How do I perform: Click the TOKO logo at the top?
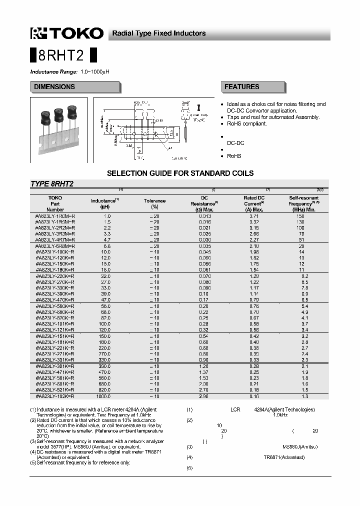(x=67, y=33)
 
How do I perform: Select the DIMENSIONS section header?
(x=54, y=87)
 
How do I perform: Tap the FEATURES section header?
(x=242, y=87)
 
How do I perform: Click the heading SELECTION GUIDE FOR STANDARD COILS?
(x=180, y=173)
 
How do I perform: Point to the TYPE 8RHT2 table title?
(x=52, y=184)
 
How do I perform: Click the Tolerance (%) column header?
(x=154, y=203)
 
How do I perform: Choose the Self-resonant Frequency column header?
(x=304, y=203)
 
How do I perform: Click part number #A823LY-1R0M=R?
(x=55, y=215)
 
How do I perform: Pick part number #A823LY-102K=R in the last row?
(x=55, y=396)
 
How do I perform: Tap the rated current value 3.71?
(x=254, y=215)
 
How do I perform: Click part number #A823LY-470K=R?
(x=55, y=299)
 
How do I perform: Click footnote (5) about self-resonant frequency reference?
(x=80, y=462)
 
